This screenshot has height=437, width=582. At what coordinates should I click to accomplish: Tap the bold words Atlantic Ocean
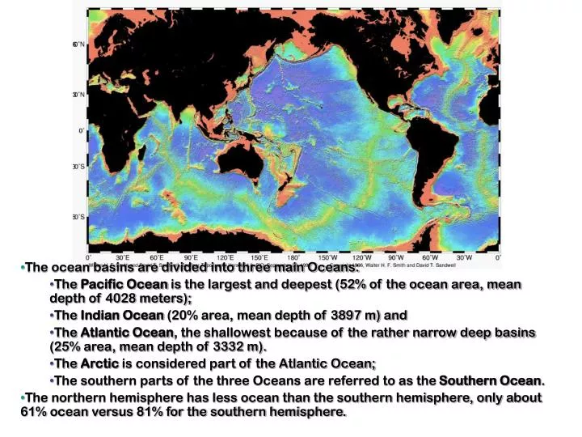(x=126, y=333)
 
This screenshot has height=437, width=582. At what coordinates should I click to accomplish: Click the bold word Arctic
(x=99, y=364)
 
